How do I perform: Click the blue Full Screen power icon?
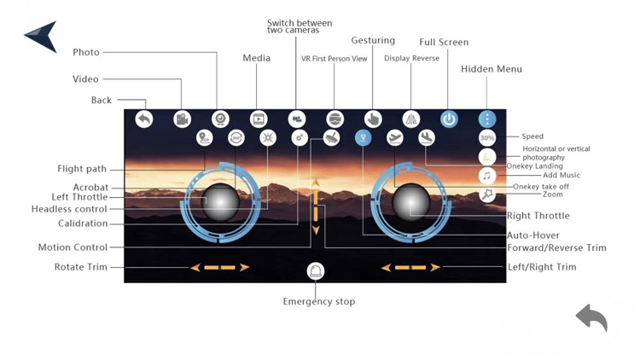tap(449, 119)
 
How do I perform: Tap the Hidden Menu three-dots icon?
tap(487, 119)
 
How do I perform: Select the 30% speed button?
tap(487, 137)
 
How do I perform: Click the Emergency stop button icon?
tap(316, 271)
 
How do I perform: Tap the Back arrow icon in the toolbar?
tap(144, 119)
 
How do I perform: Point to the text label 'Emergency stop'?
tap(319, 301)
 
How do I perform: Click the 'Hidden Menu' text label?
tap(492, 69)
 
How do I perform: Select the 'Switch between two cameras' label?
tap(300, 26)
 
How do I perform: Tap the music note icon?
tap(487, 176)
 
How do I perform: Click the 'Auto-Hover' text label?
tap(533, 235)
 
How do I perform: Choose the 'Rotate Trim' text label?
tap(81, 267)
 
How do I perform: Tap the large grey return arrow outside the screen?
tap(591, 317)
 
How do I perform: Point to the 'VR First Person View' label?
tap(335, 59)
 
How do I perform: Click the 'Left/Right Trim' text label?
tap(542, 267)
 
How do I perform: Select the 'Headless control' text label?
tap(70, 209)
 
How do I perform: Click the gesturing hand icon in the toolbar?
tap(373, 119)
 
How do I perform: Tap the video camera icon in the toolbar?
tap(182, 119)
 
